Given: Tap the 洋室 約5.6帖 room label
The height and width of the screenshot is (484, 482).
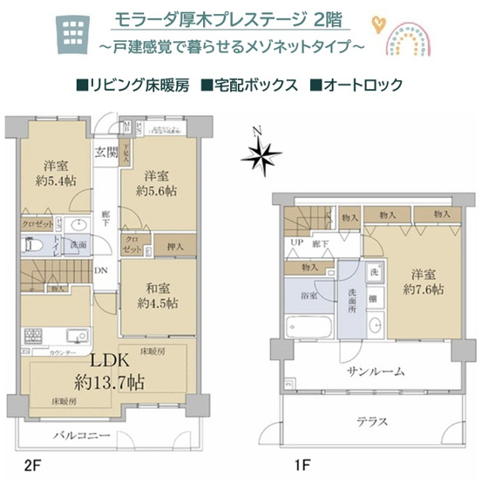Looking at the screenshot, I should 157,181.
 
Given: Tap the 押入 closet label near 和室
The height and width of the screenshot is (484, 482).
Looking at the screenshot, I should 173,247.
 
